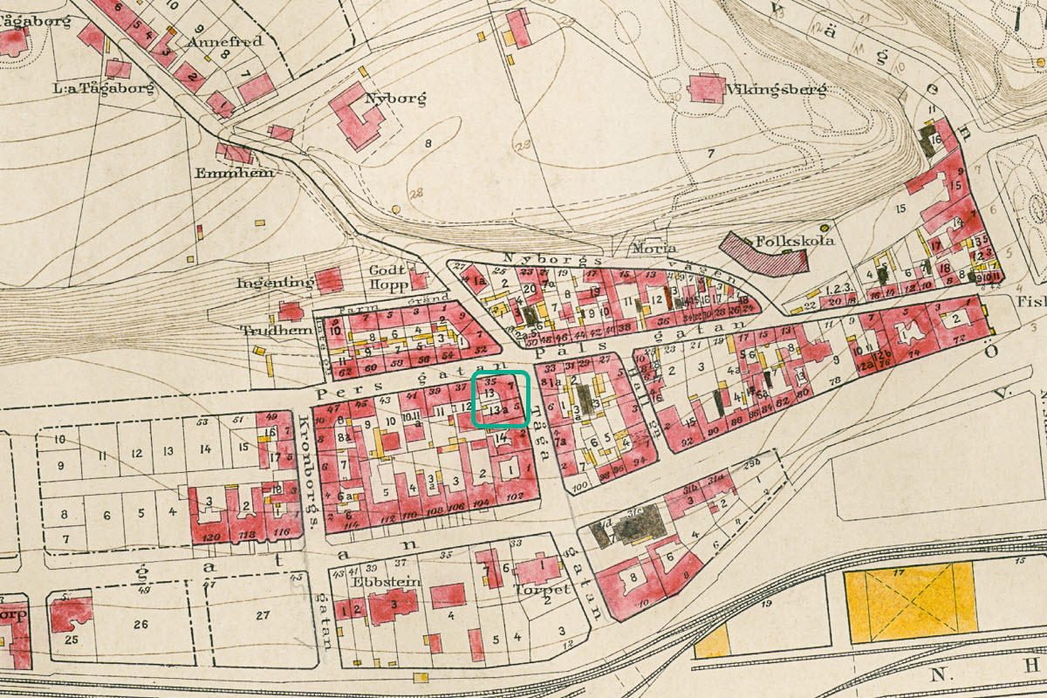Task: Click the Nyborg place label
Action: (401, 99)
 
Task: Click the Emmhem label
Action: (247, 173)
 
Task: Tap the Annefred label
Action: (230, 40)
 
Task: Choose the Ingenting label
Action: (275, 284)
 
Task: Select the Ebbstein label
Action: (374, 581)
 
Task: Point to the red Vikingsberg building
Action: (707, 88)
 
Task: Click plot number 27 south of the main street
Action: (263, 616)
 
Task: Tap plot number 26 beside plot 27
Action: (140, 624)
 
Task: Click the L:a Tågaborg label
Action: (92, 88)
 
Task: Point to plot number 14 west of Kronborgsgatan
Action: (206, 449)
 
